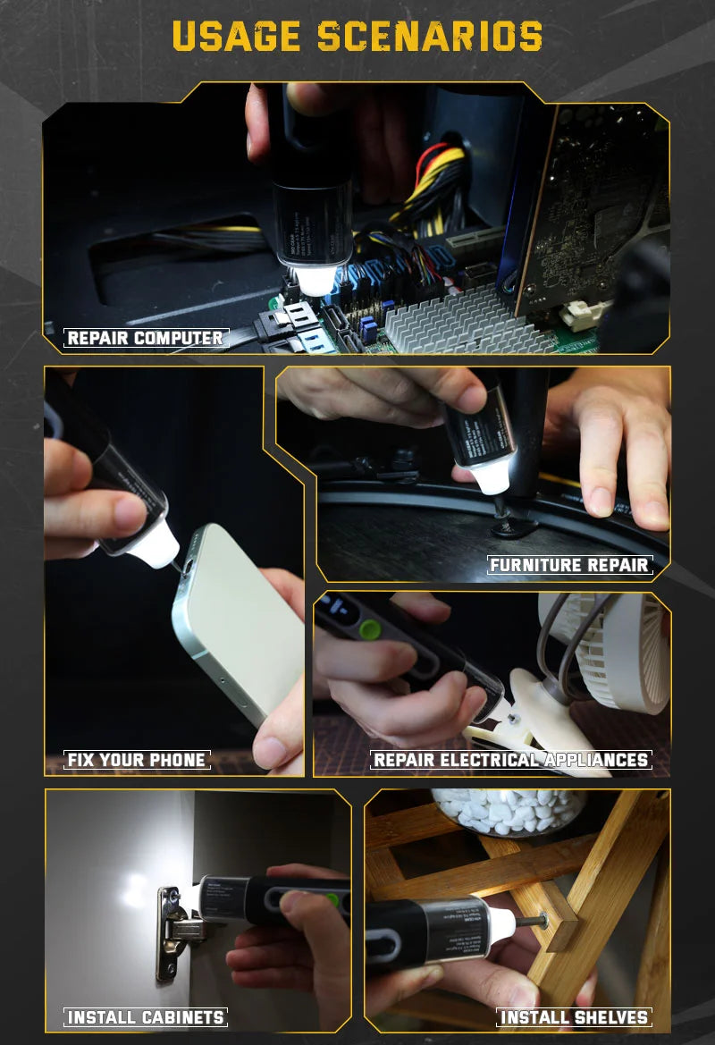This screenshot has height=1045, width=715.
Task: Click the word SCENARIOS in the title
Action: pos(430,37)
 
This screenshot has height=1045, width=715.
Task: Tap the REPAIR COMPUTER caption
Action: pos(146,338)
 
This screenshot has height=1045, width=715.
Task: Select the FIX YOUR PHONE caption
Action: pos(137,760)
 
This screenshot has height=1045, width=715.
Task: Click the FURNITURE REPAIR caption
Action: pos(570,565)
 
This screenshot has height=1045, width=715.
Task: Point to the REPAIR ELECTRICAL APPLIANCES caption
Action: pos(510,760)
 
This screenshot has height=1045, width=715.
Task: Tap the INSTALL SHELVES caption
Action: pos(574,1017)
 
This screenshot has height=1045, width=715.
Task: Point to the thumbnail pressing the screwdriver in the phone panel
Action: pos(125,512)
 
